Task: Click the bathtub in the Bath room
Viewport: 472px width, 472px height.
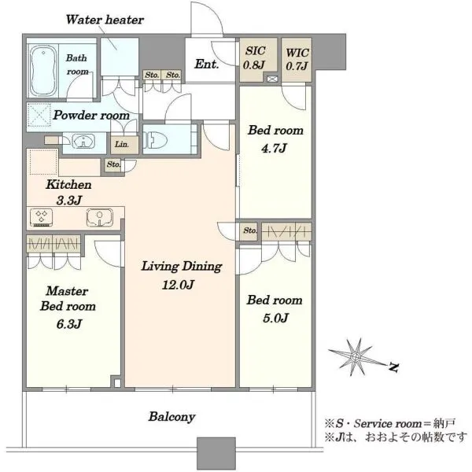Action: point(43,71)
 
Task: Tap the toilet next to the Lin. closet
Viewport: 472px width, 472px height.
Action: point(155,140)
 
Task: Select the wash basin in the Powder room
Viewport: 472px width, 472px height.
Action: point(83,142)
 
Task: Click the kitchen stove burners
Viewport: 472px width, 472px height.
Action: point(41,218)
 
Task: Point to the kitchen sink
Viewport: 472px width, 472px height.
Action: point(100,217)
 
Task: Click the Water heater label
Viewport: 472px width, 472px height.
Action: point(105,20)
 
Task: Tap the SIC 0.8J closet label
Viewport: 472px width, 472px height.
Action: point(254,58)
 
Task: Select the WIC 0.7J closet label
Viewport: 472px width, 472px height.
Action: point(297,59)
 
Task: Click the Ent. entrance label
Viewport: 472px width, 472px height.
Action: point(206,65)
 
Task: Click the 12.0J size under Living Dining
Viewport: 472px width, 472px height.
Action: point(179,285)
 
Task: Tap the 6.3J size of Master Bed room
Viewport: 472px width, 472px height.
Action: point(69,324)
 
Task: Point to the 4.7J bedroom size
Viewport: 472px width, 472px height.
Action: point(274,148)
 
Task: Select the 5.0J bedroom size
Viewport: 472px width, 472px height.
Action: point(276,318)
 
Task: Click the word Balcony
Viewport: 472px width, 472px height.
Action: point(171,417)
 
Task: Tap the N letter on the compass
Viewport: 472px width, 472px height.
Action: point(393,367)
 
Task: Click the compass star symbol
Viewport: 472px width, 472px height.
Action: point(356,357)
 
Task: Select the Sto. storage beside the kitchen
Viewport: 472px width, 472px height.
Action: point(113,165)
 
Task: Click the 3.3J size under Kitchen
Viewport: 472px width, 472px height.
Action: point(69,200)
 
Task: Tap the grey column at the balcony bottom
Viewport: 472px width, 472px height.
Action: point(216,453)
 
